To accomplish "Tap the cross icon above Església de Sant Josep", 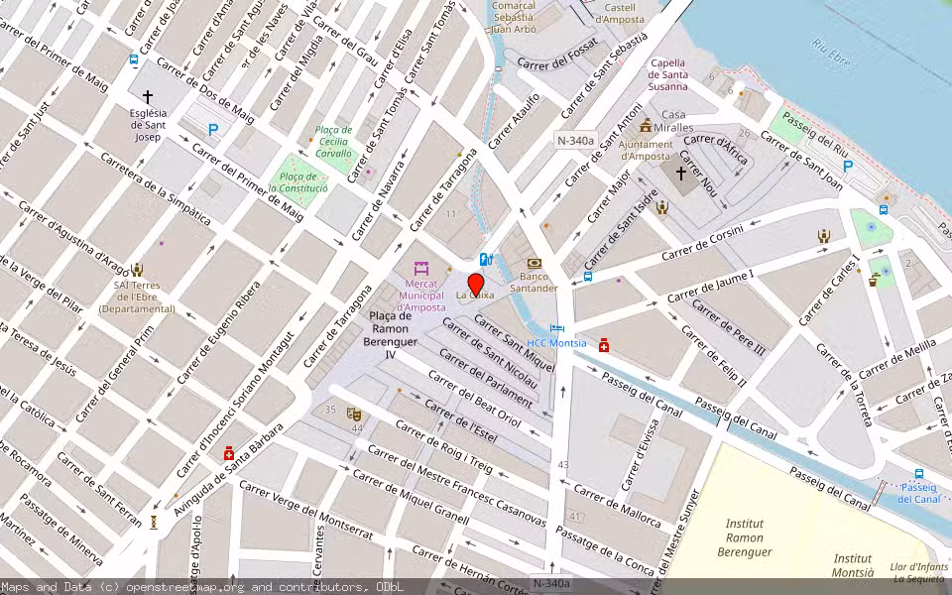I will coord(148,97).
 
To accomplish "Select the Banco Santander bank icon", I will coord(534,263).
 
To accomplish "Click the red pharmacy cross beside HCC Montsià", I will coord(604,344).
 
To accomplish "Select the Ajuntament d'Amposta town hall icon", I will coord(646,126).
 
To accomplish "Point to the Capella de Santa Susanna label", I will coord(668,74).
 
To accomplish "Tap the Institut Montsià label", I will coord(853,565).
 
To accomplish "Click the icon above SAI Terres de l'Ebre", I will coord(137,269).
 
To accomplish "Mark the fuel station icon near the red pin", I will coord(485,259).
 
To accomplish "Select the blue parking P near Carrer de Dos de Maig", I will coord(213,129).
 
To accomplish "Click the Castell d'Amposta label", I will coord(620,13).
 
